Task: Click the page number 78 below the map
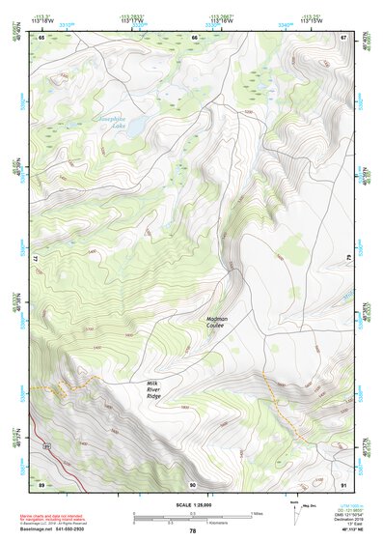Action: [192, 531]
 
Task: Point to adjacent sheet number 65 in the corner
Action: [41, 38]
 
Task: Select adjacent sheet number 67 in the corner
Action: [343, 38]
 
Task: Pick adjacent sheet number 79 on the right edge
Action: [347, 261]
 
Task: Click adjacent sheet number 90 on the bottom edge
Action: [193, 483]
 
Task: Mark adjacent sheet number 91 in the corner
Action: [343, 483]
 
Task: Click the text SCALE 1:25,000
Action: [192, 504]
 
